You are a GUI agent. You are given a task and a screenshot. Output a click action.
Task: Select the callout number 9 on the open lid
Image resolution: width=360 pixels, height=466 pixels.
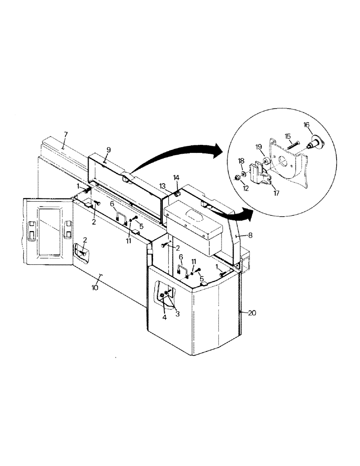pos(108,150)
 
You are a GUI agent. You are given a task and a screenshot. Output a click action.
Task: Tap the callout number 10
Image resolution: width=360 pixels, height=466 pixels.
pos(95,288)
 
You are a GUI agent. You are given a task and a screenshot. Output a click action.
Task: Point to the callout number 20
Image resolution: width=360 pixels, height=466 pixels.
pos(252,313)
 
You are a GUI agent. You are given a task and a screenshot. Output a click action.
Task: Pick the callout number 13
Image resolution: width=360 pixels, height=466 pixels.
pos(161,185)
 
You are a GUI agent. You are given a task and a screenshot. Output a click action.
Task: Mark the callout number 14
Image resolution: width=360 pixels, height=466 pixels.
pos(176,178)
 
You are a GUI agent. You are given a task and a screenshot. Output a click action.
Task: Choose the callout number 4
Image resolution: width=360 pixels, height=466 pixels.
pos(164,318)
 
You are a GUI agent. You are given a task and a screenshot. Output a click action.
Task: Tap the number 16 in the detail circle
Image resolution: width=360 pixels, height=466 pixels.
pos(306,125)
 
